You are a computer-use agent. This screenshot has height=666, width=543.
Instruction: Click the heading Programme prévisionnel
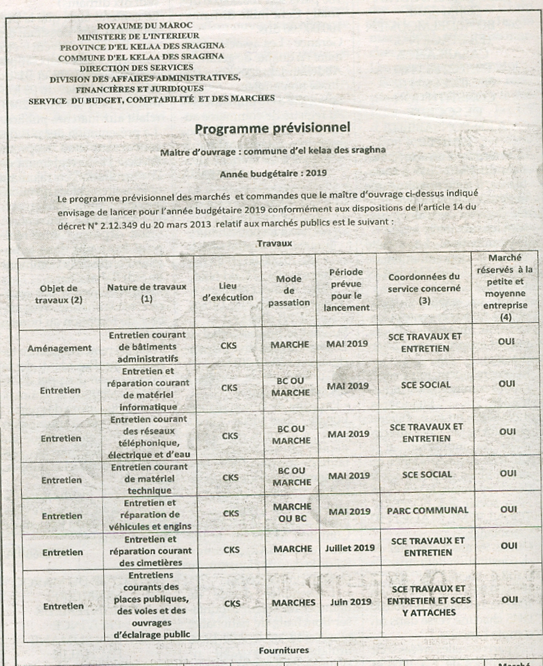273,128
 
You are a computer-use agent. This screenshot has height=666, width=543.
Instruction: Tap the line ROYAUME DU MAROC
145,25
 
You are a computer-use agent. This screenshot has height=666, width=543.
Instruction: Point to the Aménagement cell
59,348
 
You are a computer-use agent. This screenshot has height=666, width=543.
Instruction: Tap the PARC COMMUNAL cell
427,511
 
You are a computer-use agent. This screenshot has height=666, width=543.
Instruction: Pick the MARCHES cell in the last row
293,602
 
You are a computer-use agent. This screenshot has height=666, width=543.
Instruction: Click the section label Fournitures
283,650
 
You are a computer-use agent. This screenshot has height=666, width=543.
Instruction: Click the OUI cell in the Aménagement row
507,342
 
